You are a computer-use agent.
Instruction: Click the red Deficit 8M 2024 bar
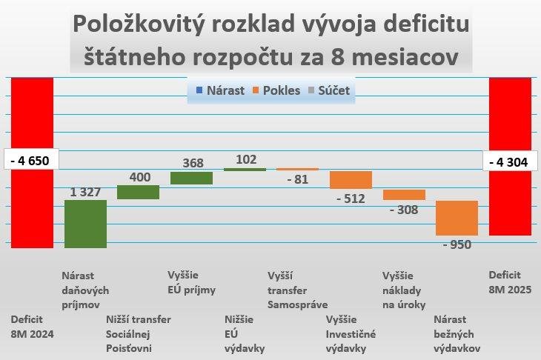32,200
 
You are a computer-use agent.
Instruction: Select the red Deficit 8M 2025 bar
510,200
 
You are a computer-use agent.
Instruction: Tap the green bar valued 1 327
85,224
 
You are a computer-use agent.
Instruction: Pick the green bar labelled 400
138,192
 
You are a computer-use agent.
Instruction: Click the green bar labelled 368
191,178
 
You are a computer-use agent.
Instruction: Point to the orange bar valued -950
457,218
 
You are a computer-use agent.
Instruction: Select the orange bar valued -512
351,180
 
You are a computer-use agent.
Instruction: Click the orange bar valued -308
404,195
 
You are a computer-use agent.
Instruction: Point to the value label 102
246,159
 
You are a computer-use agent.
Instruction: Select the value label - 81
297,179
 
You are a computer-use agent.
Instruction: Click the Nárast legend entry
222,90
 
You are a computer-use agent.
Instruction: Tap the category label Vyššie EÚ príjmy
191,282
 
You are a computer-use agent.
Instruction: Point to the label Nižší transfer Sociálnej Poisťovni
139,333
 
